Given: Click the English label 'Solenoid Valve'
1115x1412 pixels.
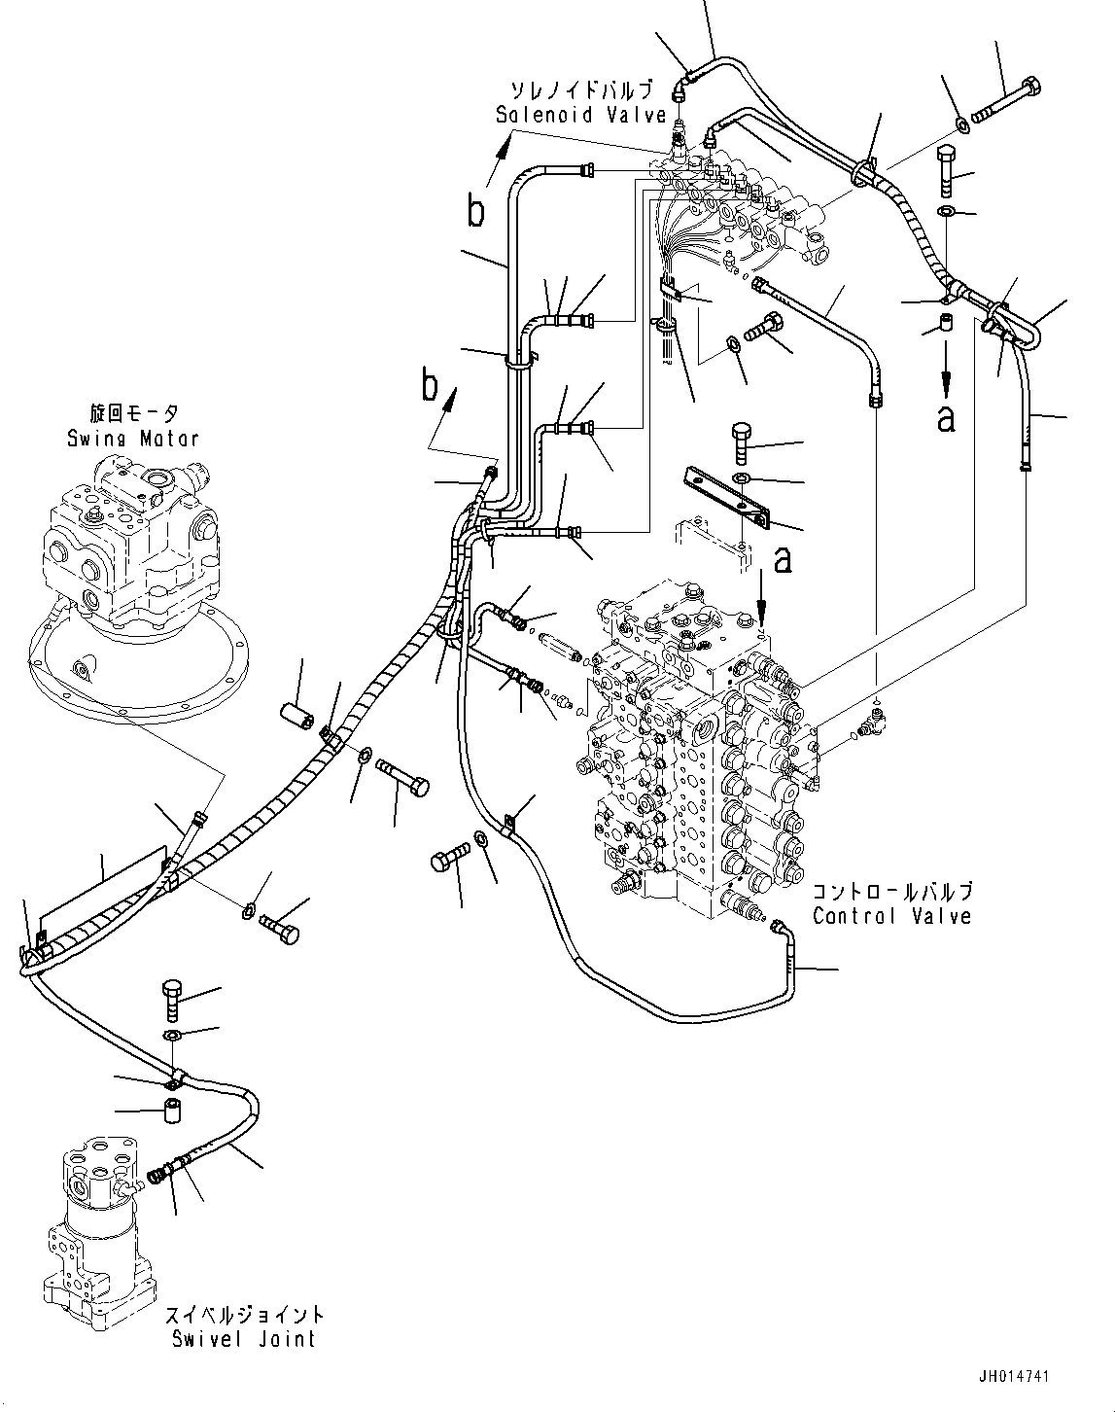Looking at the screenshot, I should click(580, 115).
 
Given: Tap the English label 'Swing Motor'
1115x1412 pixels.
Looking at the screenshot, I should click(133, 439).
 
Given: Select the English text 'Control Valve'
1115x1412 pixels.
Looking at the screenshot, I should click(891, 916).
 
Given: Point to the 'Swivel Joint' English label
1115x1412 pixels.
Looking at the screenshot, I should click(243, 1339).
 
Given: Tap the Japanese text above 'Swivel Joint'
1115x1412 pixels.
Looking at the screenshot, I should click(243, 1316).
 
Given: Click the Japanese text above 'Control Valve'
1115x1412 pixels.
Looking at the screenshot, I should click(891, 892).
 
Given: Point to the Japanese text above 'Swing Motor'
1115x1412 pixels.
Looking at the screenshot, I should click(133, 414).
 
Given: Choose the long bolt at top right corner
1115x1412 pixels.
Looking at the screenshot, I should click(1006, 103).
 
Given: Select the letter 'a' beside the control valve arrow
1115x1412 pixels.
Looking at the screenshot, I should click(783, 560).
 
